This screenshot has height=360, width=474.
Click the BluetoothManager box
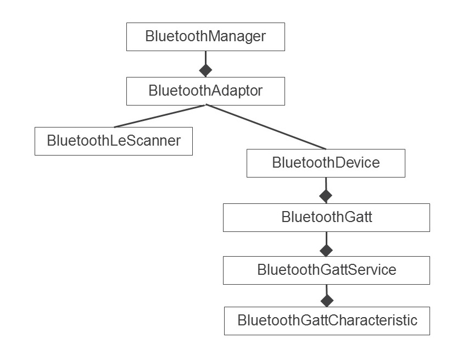(x=205, y=37)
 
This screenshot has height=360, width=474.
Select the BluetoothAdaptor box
(x=205, y=91)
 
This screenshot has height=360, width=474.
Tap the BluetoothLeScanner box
(x=114, y=141)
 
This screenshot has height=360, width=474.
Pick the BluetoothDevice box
(x=326, y=163)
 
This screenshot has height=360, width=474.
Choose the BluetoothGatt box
(x=326, y=218)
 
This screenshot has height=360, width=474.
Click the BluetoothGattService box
(x=326, y=270)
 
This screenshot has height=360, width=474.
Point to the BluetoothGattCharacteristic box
(x=327, y=321)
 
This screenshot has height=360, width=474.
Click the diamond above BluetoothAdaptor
(x=205, y=70)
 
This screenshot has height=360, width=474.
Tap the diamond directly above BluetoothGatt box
(x=326, y=196)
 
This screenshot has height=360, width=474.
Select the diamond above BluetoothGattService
(x=326, y=250)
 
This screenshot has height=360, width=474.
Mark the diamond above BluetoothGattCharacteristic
(x=327, y=301)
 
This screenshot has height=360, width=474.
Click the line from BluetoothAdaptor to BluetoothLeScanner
(x=159, y=116)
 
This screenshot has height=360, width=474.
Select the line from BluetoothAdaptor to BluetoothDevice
(x=266, y=127)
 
